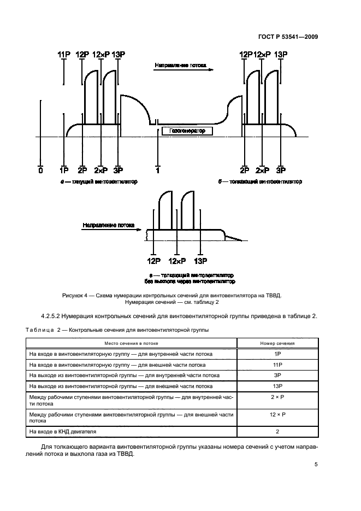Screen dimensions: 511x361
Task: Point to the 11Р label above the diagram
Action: (64, 55)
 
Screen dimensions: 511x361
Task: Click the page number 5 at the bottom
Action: (316, 465)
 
